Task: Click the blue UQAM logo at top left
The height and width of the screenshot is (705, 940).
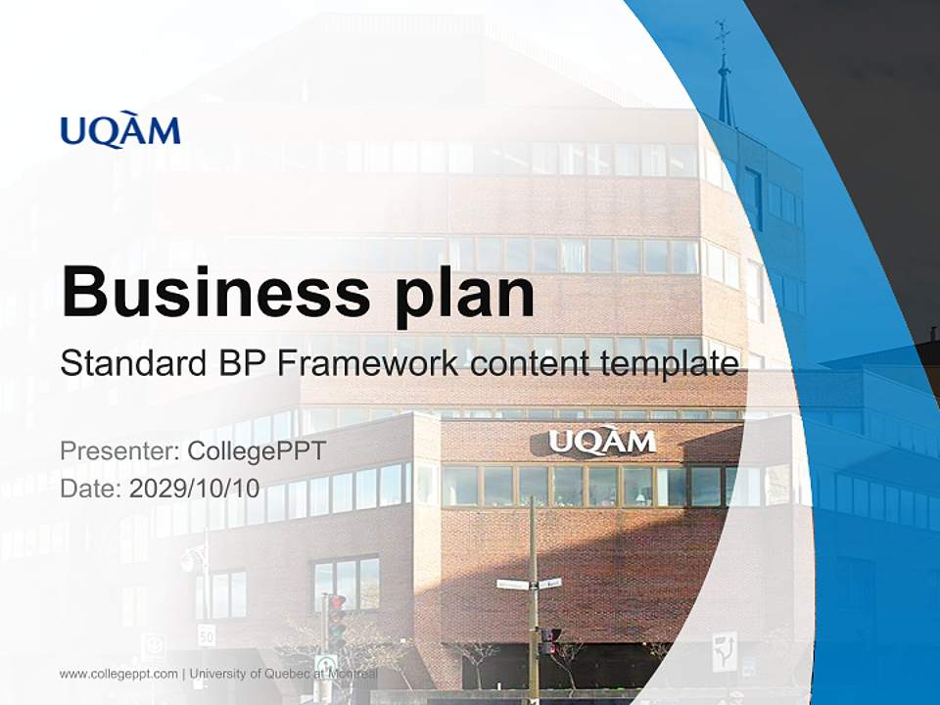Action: (x=120, y=131)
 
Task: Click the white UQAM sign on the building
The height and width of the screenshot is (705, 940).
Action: (x=601, y=442)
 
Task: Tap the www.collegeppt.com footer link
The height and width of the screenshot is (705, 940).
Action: (x=118, y=674)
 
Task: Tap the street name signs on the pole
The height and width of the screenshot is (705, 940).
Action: (x=529, y=584)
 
